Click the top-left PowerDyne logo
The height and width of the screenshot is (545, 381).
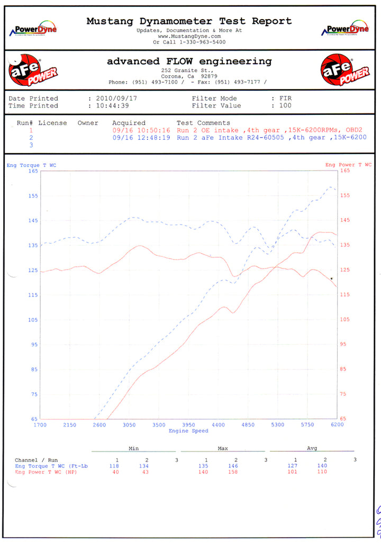33,30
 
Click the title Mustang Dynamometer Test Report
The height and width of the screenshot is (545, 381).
189,21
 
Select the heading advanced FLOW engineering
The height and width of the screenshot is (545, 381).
189,61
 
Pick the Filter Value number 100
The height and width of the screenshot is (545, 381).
286,106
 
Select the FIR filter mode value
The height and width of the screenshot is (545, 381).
286,99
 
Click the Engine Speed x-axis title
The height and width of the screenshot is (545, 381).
188,431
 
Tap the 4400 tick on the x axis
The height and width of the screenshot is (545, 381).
218,425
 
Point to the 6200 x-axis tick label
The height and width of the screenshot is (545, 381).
337,425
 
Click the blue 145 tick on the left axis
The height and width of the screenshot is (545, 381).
33,220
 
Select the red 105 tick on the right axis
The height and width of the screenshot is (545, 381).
345,319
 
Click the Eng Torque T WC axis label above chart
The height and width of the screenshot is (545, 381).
31,165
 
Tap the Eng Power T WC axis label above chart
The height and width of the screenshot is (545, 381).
348,165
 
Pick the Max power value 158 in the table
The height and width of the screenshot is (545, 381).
235,472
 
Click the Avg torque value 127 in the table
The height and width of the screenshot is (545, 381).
295,466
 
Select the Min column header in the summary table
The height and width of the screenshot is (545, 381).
133,449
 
